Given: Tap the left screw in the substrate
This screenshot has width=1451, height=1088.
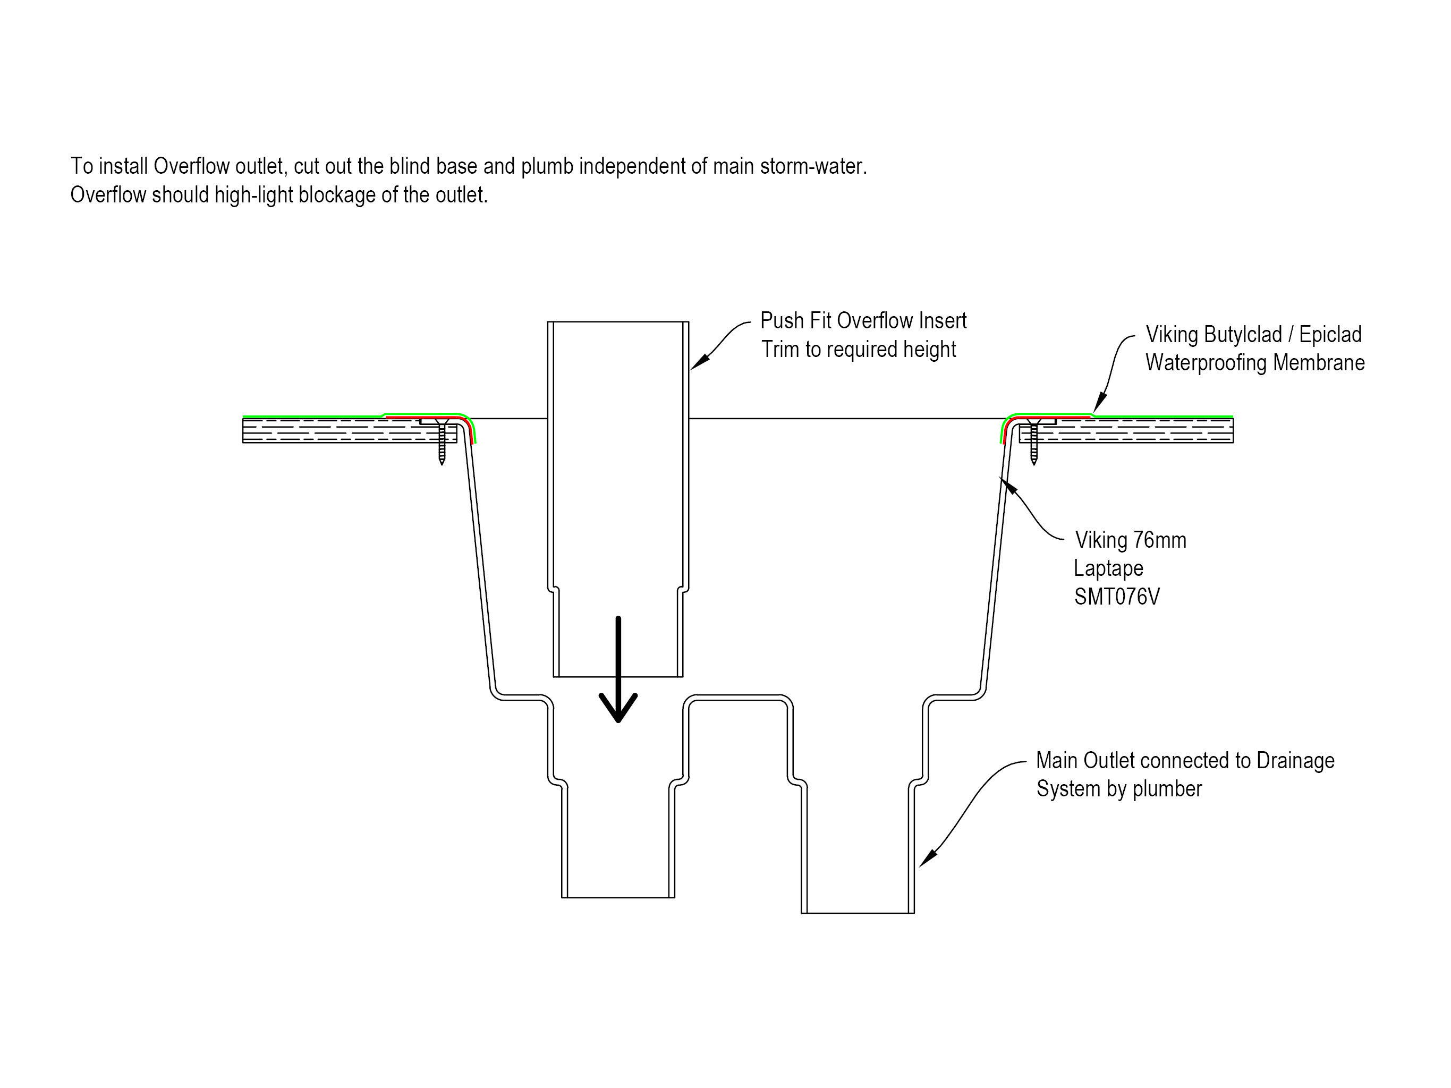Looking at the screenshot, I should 442,443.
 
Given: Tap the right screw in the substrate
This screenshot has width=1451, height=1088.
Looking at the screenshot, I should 1034,443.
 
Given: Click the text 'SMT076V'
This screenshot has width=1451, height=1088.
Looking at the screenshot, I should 1116,596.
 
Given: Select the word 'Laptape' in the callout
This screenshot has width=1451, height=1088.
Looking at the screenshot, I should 1109,568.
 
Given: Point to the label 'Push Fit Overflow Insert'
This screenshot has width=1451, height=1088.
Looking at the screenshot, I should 863,321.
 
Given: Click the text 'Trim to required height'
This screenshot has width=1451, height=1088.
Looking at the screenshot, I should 858,350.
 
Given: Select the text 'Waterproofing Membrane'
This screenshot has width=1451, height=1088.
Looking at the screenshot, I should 1255,363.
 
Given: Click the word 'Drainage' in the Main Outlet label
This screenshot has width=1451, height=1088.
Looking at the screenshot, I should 1295,761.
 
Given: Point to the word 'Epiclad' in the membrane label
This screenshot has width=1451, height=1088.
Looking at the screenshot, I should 1330,335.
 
